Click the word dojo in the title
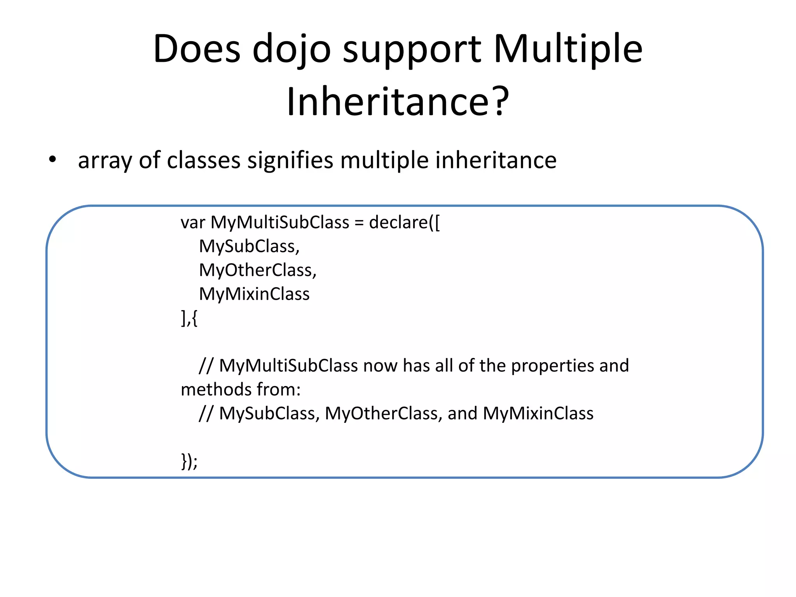[292, 50]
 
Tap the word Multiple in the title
[568, 50]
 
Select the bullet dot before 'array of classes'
[52, 160]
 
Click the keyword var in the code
[193, 223]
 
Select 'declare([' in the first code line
[404, 223]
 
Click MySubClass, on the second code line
[249, 246]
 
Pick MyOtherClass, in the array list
[258, 271]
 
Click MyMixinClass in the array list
[254, 294]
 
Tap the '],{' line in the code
[189, 318]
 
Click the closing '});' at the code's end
[189, 461]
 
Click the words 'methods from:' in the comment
[241, 390]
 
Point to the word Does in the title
[197, 50]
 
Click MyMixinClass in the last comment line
[538, 414]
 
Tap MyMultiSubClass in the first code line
[280, 223]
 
